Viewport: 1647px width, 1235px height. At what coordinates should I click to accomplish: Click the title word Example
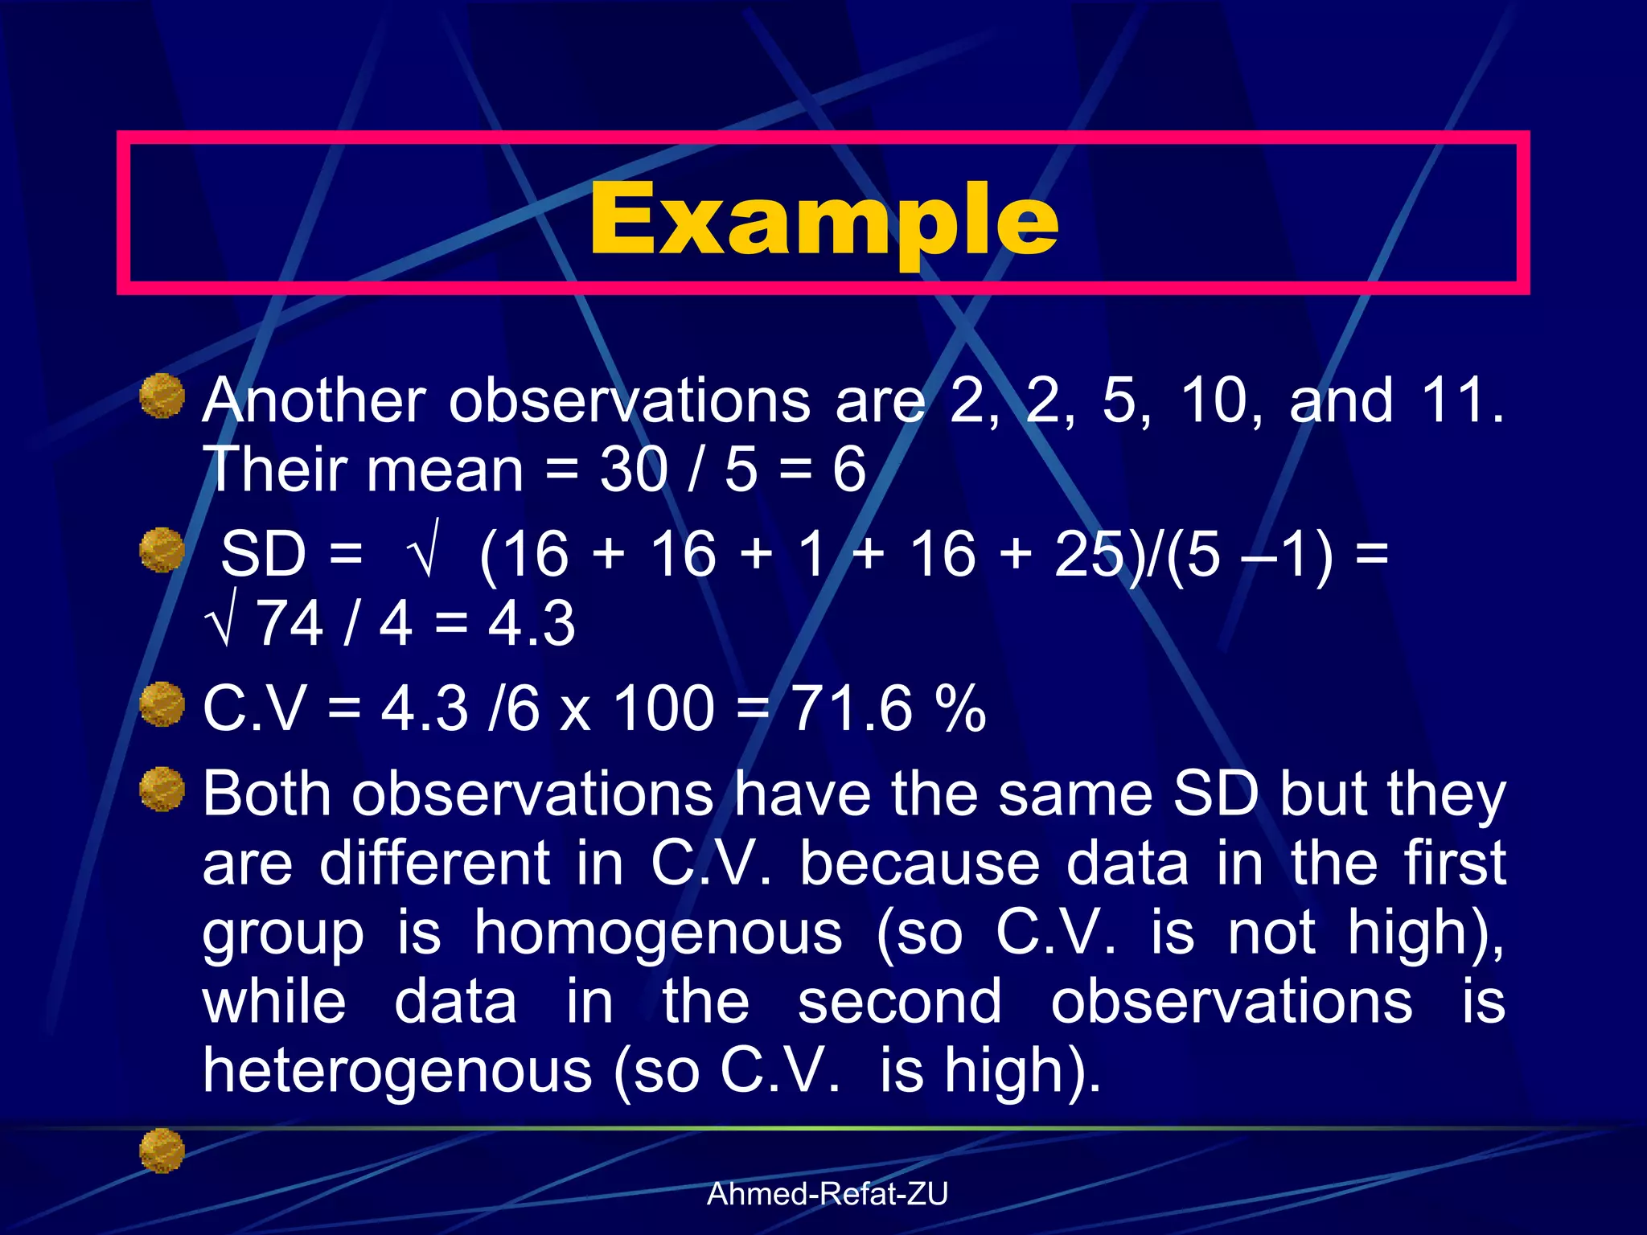point(823,219)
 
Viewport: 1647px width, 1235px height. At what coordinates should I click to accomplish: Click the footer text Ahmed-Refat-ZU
point(827,1194)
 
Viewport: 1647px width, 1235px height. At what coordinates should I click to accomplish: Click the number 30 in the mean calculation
point(633,470)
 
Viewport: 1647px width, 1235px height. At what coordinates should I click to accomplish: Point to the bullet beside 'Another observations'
point(162,396)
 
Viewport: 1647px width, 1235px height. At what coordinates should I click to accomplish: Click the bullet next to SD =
point(162,550)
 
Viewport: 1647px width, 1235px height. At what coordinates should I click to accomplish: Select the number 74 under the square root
point(290,624)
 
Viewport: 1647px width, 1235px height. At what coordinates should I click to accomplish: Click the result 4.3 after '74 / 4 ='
point(532,624)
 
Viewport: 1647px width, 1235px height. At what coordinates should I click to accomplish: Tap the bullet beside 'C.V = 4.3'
point(162,704)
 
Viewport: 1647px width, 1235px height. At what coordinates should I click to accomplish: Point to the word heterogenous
point(397,1071)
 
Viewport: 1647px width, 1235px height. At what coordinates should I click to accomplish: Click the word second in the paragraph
point(900,1003)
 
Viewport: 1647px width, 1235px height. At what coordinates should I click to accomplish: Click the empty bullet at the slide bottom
point(162,1150)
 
